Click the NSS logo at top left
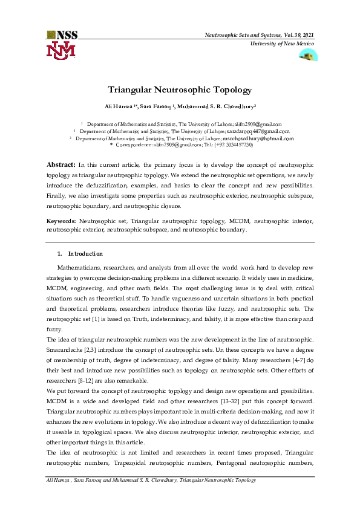click(x=62, y=45)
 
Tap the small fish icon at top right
click(x=308, y=55)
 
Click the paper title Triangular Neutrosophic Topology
click(x=180, y=89)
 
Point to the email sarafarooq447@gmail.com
click(x=258, y=131)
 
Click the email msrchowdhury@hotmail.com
click(x=258, y=138)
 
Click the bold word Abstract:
click(x=61, y=164)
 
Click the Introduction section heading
click(x=85, y=253)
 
